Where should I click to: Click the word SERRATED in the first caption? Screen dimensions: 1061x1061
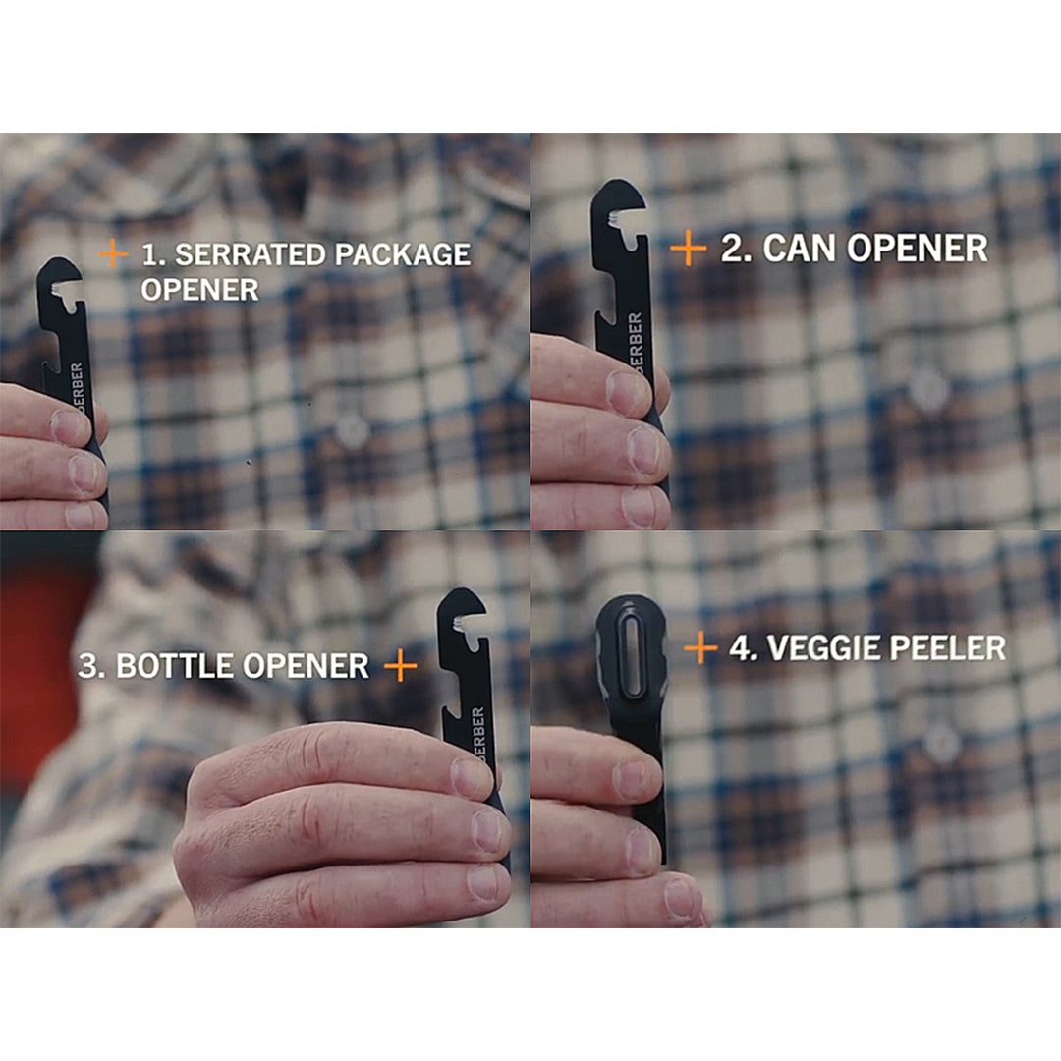click(250, 254)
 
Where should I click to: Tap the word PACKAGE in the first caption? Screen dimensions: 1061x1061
click(402, 254)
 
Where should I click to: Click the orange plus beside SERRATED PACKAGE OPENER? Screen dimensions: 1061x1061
click(113, 253)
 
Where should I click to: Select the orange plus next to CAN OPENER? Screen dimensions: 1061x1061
click(688, 248)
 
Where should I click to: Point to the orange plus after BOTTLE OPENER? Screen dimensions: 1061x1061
click(401, 666)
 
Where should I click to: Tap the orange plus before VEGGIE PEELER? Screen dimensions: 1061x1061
click(700, 648)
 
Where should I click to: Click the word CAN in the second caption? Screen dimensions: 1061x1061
click(800, 249)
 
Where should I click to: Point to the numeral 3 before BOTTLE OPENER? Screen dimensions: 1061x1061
click(87, 666)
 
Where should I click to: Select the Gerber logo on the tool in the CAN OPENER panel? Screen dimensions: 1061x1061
click(636, 342)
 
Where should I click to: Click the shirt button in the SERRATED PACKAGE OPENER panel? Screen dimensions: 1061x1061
click(352, 429)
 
